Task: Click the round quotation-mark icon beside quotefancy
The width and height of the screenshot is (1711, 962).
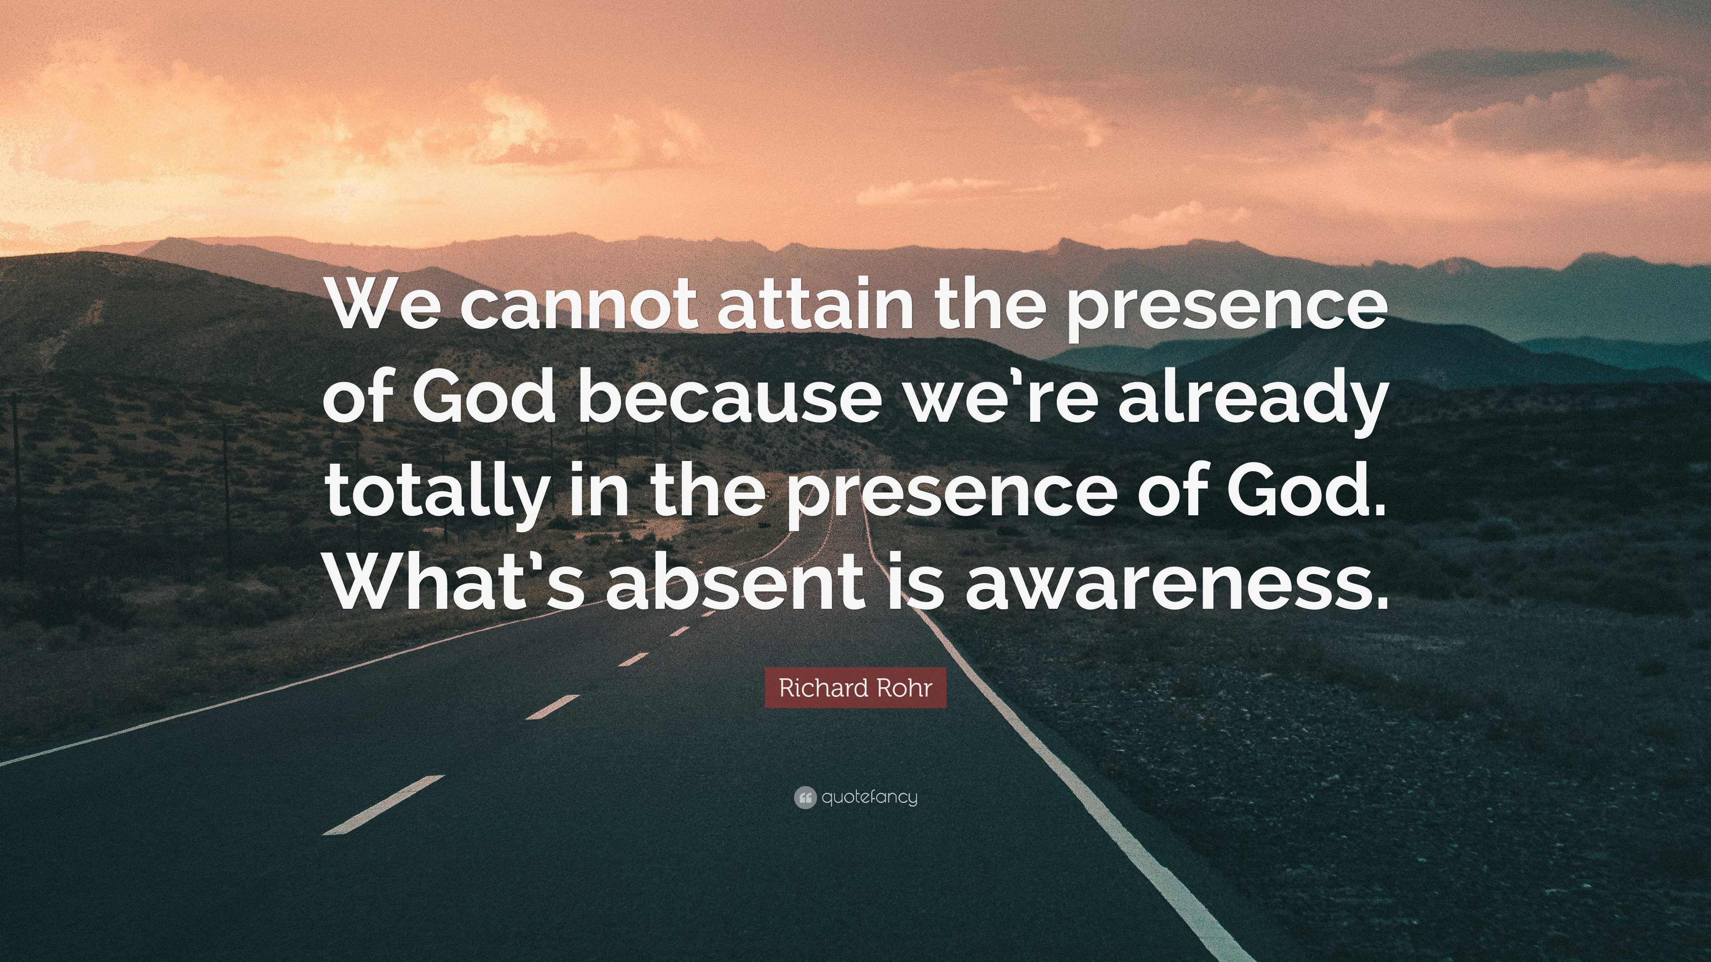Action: [804, 797]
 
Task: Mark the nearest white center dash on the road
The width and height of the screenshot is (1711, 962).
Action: [383, 805]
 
